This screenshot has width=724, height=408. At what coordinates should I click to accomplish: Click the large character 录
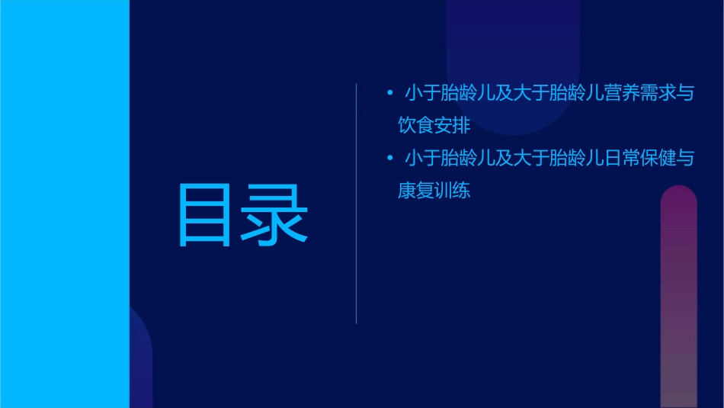276,214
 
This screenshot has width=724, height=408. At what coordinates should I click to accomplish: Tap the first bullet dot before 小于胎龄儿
390,94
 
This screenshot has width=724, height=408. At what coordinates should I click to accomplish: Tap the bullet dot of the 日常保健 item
390,159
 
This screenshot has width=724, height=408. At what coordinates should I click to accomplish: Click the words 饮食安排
434,125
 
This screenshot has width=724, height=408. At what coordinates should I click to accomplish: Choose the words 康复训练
434,191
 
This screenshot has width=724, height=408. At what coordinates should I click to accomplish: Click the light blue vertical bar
65,204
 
